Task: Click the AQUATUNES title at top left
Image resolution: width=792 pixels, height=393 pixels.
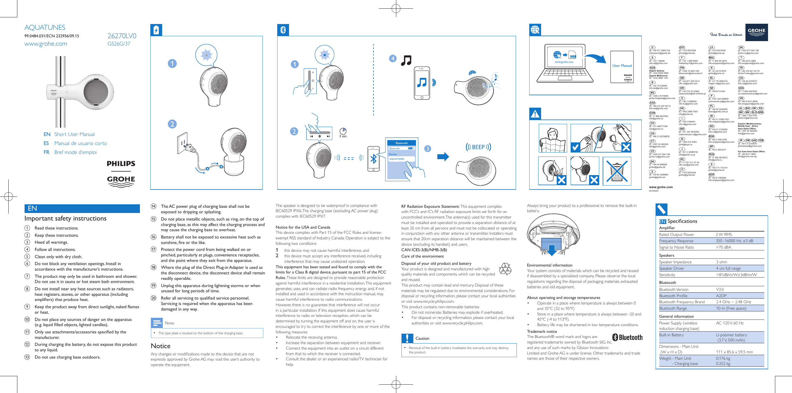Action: tap(45, 27)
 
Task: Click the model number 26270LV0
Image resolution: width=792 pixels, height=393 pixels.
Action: tap(122, 36)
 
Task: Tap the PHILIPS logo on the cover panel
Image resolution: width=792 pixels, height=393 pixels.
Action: tap(121, 164)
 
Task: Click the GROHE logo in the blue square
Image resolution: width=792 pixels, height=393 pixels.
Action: tap(756, 32)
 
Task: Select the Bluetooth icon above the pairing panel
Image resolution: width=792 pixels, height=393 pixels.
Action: tap(283, 30)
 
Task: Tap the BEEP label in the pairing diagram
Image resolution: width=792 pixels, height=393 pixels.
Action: tap(478, 147)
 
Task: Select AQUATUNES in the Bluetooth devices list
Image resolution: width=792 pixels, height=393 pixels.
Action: tap(397, 159)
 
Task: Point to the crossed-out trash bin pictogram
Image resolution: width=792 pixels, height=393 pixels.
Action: tap(617, 171)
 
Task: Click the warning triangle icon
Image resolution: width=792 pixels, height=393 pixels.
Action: tap(535, 114)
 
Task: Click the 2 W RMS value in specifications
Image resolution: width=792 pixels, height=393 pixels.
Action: tap(724, 234)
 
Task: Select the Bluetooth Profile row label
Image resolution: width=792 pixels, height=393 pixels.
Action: tap(673, 296)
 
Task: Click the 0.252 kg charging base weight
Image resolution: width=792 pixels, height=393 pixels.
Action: tap(723, 363)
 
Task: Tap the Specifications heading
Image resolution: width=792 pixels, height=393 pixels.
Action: tap(682, 221)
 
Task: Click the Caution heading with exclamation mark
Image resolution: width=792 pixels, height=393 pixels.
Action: tap(422, 338)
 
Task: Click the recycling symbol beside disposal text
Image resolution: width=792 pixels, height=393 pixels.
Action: tap(505, 269)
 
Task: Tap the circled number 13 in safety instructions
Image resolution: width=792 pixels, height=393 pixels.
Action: tap(27, 357)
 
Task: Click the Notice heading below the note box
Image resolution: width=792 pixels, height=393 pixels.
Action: tap(160, 346)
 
